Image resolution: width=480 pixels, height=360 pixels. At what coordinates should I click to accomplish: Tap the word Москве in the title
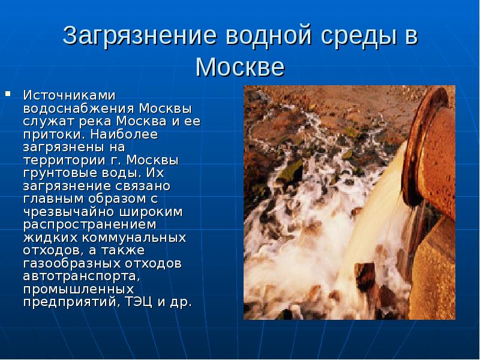[240, 66]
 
